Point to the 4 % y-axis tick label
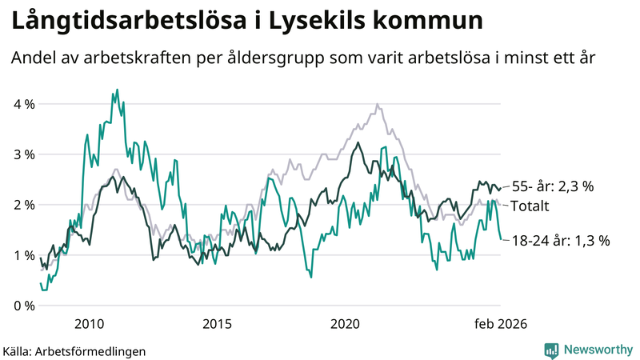pyautogui.click(x=25, y=104)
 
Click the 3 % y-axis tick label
pyautogui.click(x=25, y=154)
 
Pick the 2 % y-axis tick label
pyautogui.click(x=25, y=205)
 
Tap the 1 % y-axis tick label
pyautogui.click(x=25, y=255)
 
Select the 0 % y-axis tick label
pyautogui.click(x=25, y=306)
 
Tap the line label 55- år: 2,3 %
pyautogui.click(x=552, y=186)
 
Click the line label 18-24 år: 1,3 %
pyautogui.click(x=561, y=240)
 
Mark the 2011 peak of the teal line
pyautogui.click(x=117, y=90)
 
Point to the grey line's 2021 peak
pyautogui.click(x=377, y=104)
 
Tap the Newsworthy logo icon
pyautogui.click(x=551, y=350)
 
